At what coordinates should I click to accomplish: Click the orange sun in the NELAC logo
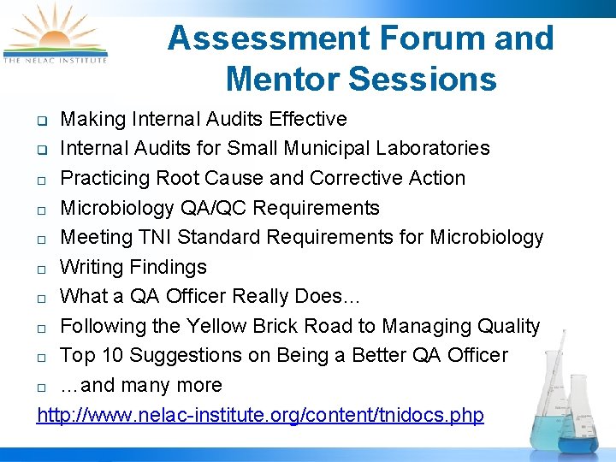click(x=53, y=38)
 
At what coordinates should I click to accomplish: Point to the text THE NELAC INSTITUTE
click(x=55, y=61)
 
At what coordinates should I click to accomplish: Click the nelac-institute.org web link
click(x=260, y=415)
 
